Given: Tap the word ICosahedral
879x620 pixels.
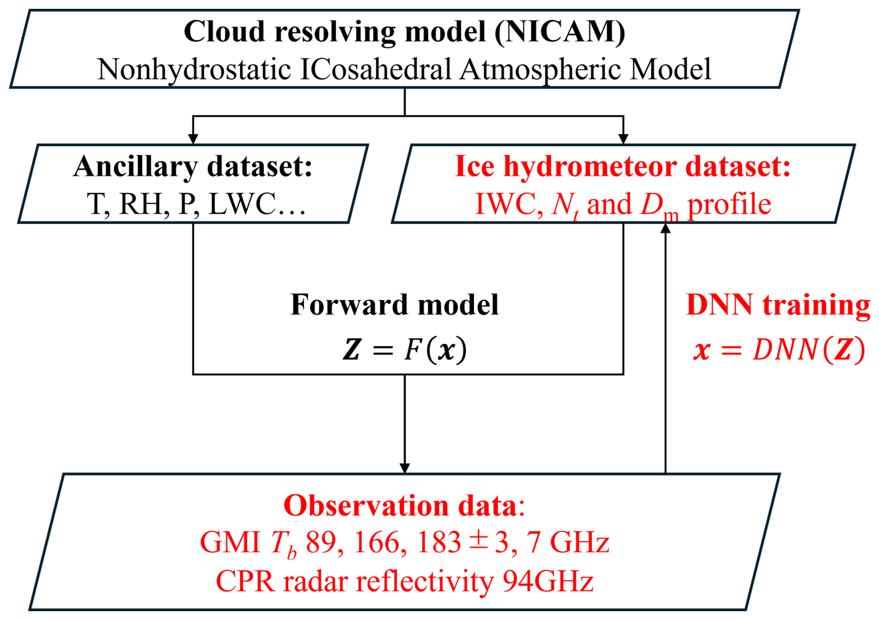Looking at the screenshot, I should click(x=375, y=69).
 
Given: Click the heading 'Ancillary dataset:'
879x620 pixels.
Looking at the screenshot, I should click(x=193, y=166).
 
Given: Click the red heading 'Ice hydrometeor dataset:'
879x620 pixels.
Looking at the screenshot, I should click(x=623, y=166).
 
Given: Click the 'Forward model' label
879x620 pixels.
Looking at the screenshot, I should click(x=394, y=305).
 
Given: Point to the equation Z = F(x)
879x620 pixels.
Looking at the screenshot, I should click(x=405, y=349).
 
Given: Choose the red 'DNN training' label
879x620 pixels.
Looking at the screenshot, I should click(x=778, y=305).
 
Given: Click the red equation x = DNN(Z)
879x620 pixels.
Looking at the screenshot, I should click(x=779, y=349).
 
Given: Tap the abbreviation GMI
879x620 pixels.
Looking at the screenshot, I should click(x=230, y=542).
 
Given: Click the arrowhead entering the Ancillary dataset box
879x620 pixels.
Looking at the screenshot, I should click(x=193, y=139).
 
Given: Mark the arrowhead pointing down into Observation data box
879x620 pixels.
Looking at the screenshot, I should click(x=405, y=468).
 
